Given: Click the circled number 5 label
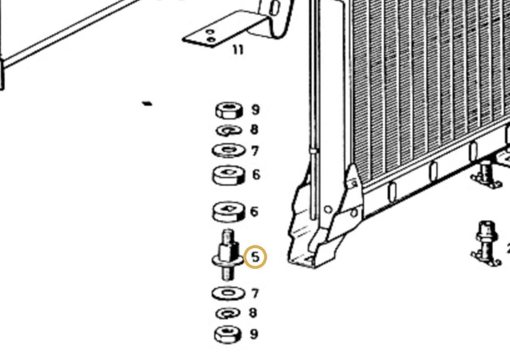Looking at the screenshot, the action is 255,257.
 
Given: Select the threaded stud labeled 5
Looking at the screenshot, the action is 228,255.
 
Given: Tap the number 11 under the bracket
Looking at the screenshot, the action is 238,50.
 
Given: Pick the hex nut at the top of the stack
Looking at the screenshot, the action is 229,111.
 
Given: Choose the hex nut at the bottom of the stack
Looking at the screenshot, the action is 228,334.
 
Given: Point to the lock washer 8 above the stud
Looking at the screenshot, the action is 229,131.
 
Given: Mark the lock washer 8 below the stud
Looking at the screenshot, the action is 228,313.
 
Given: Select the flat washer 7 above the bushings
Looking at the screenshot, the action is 229,150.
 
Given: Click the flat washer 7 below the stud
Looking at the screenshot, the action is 228,293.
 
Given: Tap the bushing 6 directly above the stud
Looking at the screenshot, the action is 229,212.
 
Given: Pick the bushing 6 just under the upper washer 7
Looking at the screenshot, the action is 229,175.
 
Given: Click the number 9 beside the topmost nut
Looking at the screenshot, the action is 255,109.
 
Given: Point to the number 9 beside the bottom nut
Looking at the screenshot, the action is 254,334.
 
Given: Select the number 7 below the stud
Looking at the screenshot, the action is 255,293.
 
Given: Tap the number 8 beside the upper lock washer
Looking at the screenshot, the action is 254,129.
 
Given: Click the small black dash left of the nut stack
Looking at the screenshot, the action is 147,104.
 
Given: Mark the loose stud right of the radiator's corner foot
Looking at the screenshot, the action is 486,243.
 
